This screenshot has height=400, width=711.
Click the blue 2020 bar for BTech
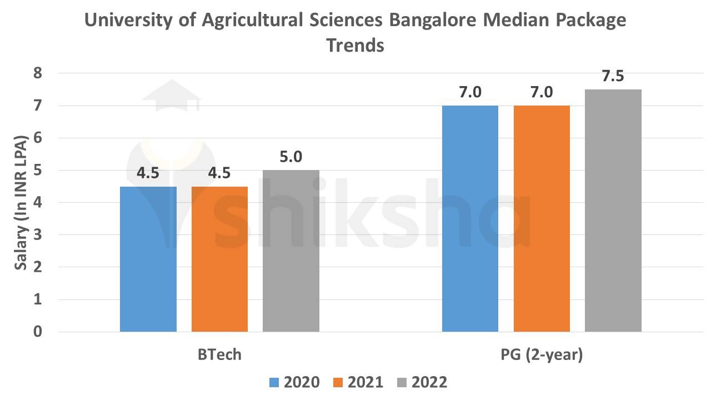[148, 259]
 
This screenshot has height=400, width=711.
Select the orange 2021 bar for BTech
[219, 259]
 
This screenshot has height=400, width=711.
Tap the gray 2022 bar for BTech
[291, 251]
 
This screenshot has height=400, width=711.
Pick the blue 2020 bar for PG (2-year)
[470, 219]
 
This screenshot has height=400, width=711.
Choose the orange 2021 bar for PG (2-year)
[542, 219]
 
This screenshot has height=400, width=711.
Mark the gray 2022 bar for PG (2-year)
[613, 211]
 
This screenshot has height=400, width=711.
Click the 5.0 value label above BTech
[291, 157]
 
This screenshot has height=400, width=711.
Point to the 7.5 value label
[613, 77]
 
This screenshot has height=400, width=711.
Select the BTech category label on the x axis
[219, 354]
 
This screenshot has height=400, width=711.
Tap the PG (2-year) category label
[542, 354]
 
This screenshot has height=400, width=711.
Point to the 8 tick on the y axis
[38, 73]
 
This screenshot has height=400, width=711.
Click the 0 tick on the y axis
[38, 332]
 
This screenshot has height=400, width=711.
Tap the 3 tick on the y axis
[38, 235]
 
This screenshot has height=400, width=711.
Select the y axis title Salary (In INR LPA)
[21, 202]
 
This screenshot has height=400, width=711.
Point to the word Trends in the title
[355, 45]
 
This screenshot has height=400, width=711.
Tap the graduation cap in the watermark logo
[171, 96]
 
